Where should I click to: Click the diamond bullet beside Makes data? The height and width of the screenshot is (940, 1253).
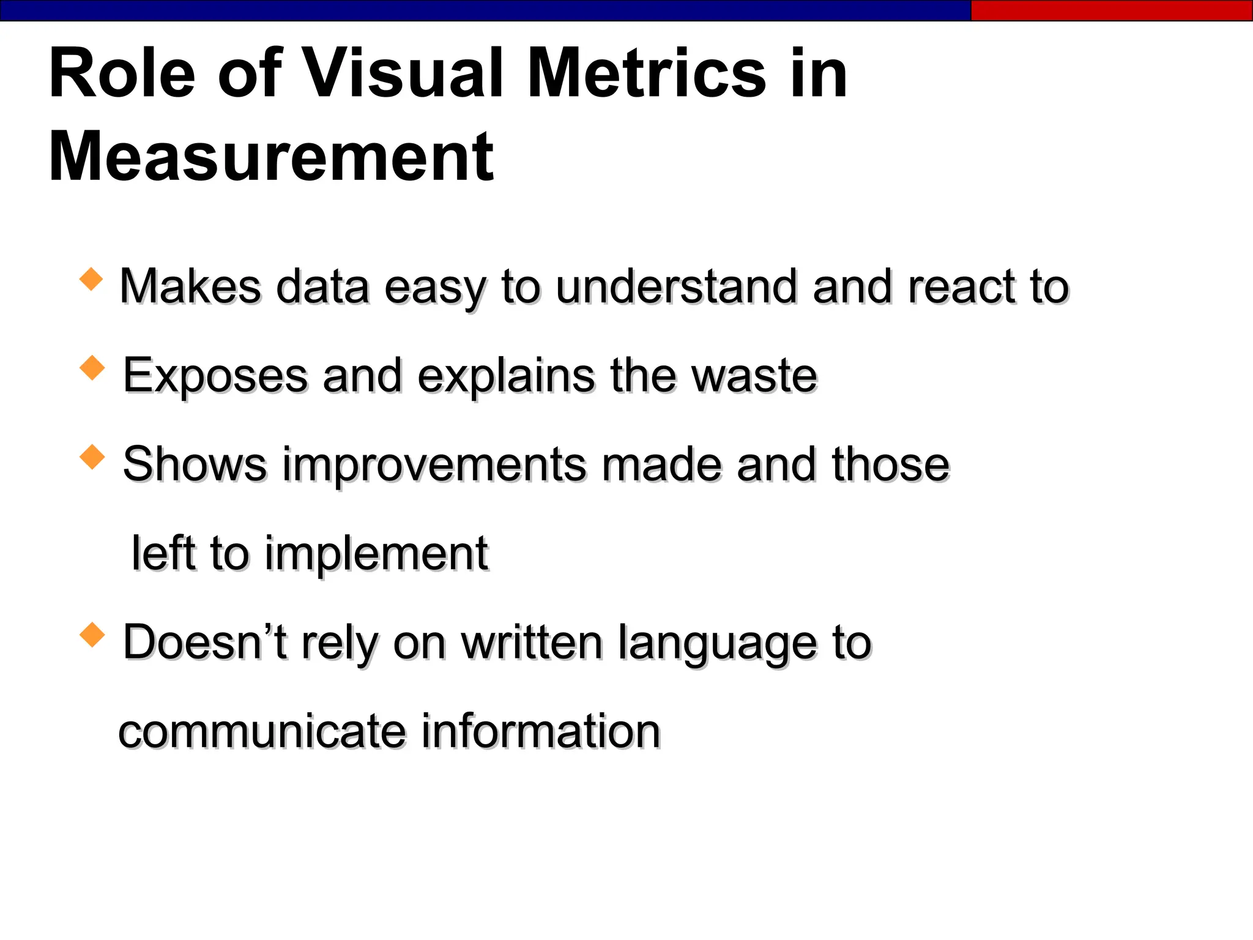pyautogui.click(x=91, y=279)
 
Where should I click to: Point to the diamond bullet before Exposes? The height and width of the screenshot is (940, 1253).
pyautogui.click(x=92, y=368)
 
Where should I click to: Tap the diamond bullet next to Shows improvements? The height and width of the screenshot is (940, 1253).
pyautogui.click(x=92, y=457)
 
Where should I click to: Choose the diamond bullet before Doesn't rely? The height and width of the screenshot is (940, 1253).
pyautogui.click(x=92, y=635)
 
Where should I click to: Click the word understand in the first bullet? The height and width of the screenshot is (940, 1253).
pyautogui.click(x=676, y=286)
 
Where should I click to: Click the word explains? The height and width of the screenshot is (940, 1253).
pyautogui.click(x=506, y=376)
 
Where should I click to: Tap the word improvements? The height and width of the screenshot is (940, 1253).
pyautogui.click(x=435, y=464)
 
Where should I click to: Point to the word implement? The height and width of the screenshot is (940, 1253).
pyautogui.click(x=376, y=554)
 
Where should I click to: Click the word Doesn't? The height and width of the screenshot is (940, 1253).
pyautogui.click(x=205, y=642)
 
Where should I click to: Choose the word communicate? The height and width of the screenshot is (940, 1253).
pyautogui.click(x=262, y=731)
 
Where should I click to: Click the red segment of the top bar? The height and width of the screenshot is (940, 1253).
pyautogui.click(x=1111, y=10)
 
